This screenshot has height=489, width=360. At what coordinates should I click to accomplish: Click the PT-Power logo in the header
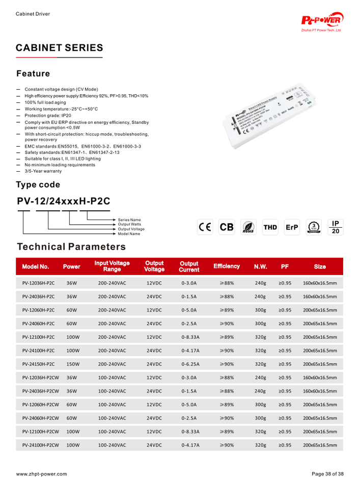[x=323, y=21]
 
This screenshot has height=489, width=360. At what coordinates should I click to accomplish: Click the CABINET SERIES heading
[x=59, y=48]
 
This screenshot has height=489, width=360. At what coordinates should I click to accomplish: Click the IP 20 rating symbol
[x=335, y=227]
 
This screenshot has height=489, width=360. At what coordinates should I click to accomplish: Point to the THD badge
[x=270, y=227]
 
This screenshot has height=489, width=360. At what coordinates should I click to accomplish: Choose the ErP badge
[x=292, y=227]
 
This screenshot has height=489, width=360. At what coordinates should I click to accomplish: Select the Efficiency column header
[x=227, y=266]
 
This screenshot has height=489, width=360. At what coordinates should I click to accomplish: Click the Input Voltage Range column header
[x=112, y=266]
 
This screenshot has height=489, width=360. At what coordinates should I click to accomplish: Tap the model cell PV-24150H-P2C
[x=39, y=364]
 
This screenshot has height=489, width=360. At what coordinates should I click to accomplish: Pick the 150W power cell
[x=73, y=364]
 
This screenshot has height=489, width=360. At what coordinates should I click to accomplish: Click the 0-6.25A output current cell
[x=190, y=364]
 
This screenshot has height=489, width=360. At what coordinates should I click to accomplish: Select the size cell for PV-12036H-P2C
[x=320, y=283]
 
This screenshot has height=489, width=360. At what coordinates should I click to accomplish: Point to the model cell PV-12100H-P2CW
[x=41, y=431]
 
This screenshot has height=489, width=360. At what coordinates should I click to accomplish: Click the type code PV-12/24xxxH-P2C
[x=64, y=201]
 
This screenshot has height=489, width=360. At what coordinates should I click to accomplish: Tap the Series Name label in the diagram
[x=129, y=220]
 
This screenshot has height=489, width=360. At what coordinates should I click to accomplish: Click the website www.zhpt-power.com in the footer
[x=41, y=474]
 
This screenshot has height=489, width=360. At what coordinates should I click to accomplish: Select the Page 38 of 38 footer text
[x=327, y=474]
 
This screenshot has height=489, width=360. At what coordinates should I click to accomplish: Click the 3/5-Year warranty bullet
[x=43, y=171]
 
